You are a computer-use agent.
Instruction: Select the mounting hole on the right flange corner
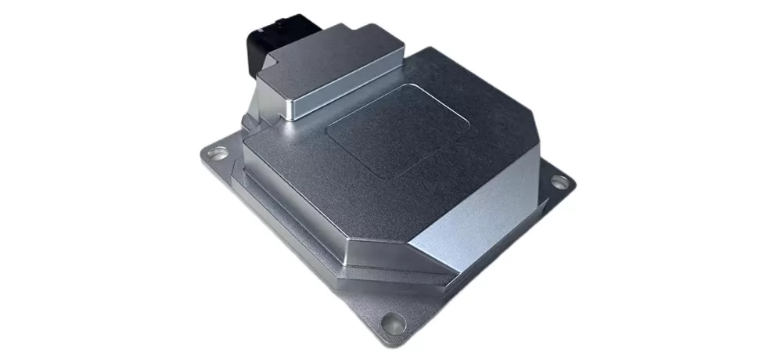(559, 182)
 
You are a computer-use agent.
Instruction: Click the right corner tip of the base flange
(575, 184)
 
